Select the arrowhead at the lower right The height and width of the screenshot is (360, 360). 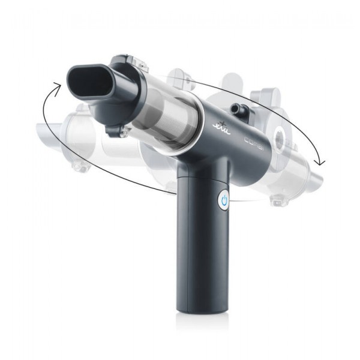[x=322, y=160]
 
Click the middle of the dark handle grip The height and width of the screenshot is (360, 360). [x=201, y=252]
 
